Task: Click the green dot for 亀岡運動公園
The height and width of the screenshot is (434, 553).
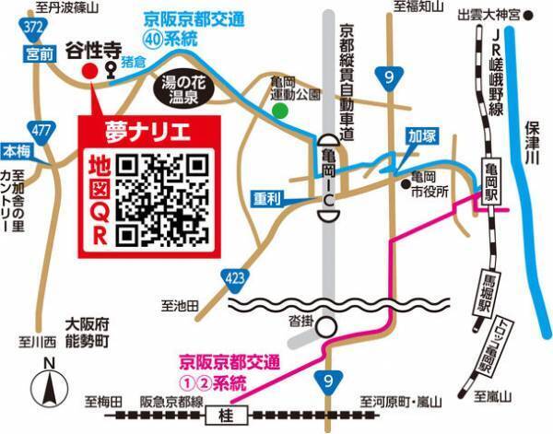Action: coord(279,111)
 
